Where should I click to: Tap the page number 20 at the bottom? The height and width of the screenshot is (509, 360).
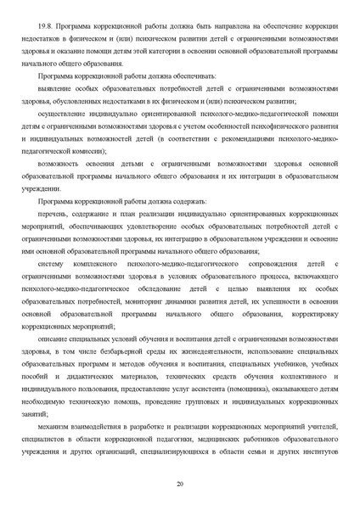pyautogui.click(x=180, y=484)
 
